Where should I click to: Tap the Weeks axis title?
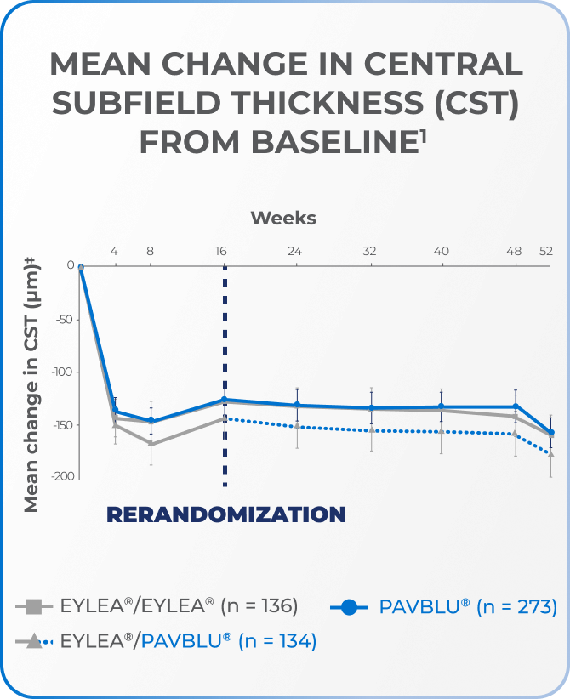click(283, 219)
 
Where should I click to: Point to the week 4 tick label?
click(114, 251)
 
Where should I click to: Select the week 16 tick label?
click(222, 251)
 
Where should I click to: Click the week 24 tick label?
click(296, 251)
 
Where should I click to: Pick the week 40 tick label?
click(442, 251)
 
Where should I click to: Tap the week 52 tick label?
click(546, 251)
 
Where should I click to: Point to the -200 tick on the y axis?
click(61, 476)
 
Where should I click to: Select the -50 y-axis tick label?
click(65, 320)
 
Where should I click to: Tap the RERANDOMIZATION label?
click(225, 514)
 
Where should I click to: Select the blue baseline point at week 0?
click(81, 268)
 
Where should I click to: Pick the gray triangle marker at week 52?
click(551, 454)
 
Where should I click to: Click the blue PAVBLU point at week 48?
click(516, 406)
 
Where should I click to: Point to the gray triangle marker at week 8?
click(151, 443)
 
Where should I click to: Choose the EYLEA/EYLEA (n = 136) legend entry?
click(158, 606)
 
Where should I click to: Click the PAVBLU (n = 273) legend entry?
click(442, 606)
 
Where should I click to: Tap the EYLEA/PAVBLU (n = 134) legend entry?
click(167, 641)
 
